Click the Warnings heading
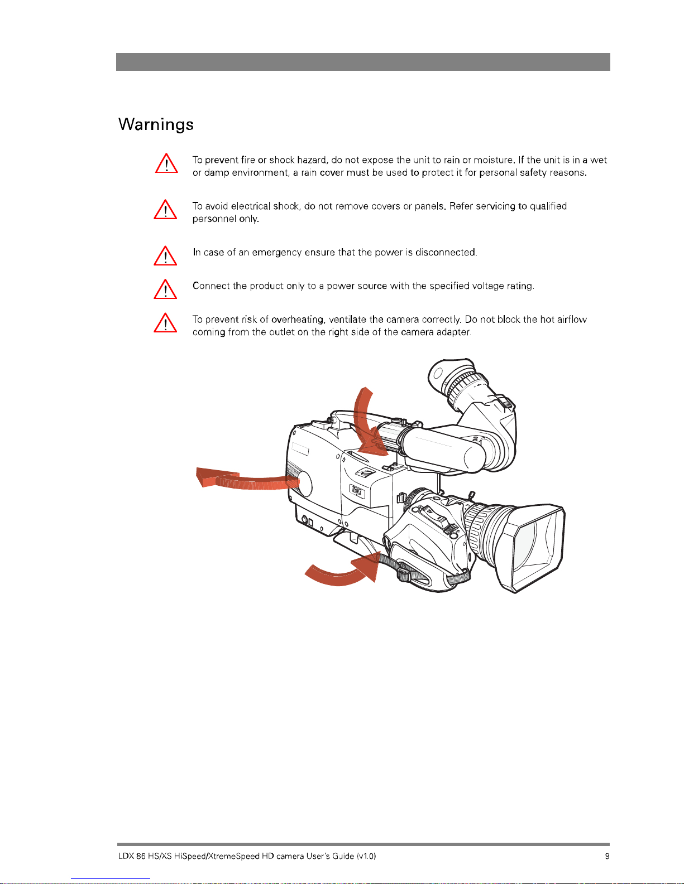coord(156,124)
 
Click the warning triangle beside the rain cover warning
coord(166,163)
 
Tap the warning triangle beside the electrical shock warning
coord(165,210)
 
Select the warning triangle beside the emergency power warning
coord(165,256)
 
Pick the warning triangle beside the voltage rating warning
coord(165,289)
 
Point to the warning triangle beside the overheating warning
coord(165,323)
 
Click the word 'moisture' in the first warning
coord(492,160)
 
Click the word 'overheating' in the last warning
coord(298,320)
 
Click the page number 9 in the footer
coord(607,856)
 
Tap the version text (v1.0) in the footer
coord(366,856)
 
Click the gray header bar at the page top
coord(363,62)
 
